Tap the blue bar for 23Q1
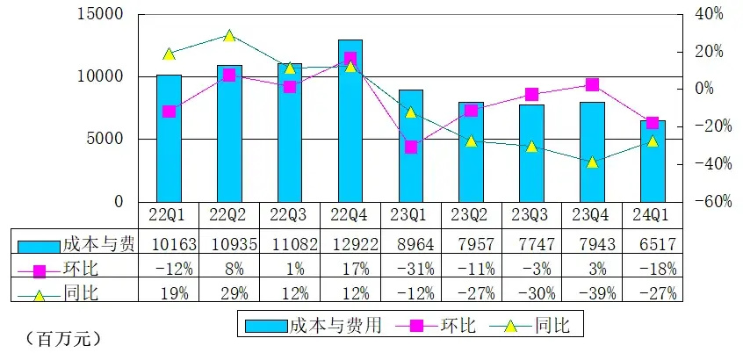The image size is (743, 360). pyautogui.click(x=411, y=146)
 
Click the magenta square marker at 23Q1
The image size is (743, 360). pyautogui.click(x=411, y=147)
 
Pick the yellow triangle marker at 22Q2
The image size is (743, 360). pyautogui.click(x=229, y=36)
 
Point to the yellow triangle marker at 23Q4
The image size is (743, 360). pyautogui.click(x=592, y=162)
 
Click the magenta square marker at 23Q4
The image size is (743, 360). pyautogui.click(x=592, y=84)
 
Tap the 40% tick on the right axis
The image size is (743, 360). pyautogui.click(x=707, y=15)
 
